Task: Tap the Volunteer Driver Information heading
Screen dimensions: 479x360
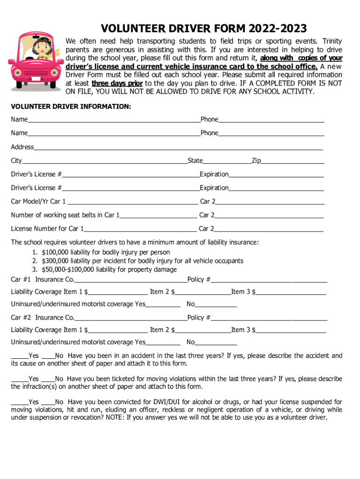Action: (71, 107)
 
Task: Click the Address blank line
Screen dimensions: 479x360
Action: (178, 148)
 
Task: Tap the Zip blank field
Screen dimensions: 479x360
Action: (292, 162)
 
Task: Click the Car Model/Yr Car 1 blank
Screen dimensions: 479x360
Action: (132, 203)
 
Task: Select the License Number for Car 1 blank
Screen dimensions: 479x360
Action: (140, 230)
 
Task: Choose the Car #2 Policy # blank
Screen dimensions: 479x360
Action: (269, 319)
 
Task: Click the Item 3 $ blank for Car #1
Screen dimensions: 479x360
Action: (291, 293)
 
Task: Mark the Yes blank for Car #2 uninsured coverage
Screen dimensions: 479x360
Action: (163, 343)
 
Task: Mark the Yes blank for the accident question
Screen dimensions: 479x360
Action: (19, 356)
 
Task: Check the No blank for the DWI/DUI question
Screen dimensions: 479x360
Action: (48, 403)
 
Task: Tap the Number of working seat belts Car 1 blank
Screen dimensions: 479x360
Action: (158, 216)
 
